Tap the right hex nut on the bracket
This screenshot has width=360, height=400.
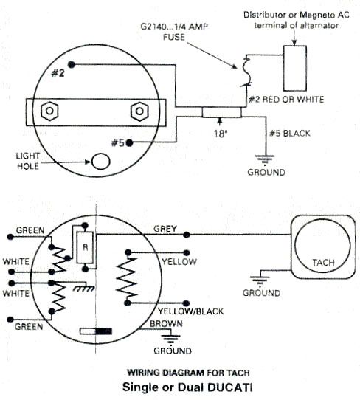coord(139,112)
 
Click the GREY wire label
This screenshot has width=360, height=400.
coord(164,228)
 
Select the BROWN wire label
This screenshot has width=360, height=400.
coord(162,324)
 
